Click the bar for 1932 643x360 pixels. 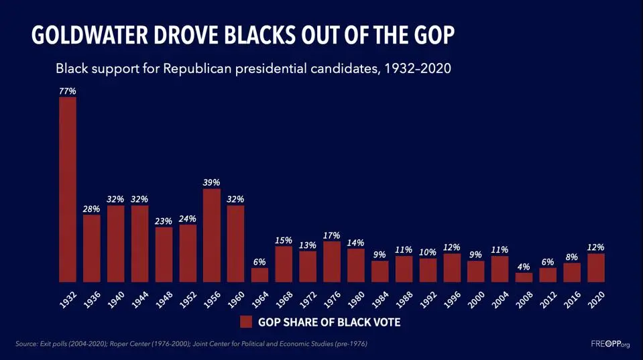click(x=68, y=190)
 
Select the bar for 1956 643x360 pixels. click(x=212, y=235)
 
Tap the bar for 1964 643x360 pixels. click(x=259, y=275)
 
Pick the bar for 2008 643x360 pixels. click(x=524, y=278)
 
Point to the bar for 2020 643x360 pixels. click(x=595, y=267)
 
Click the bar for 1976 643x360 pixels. click(x=332, y=261)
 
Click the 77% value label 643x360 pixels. click(x=68, y=91)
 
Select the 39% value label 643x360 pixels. click(x=212, y=182)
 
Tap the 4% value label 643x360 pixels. click(x=524, y=266)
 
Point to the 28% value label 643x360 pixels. click(x=92, y=208)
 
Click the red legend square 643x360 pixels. click(x=246, y=322)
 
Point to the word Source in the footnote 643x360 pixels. click(x=26, y=344)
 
